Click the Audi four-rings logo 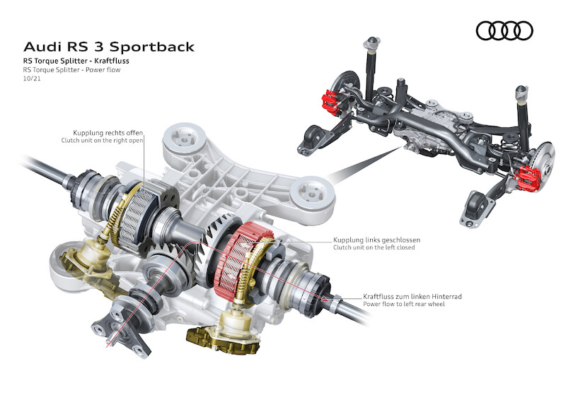pyautogui.click(x=504, y=30)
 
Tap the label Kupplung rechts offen pyautogui.click(x=108, y=132)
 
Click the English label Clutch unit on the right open pyautogui.click(x=103, y=141)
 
